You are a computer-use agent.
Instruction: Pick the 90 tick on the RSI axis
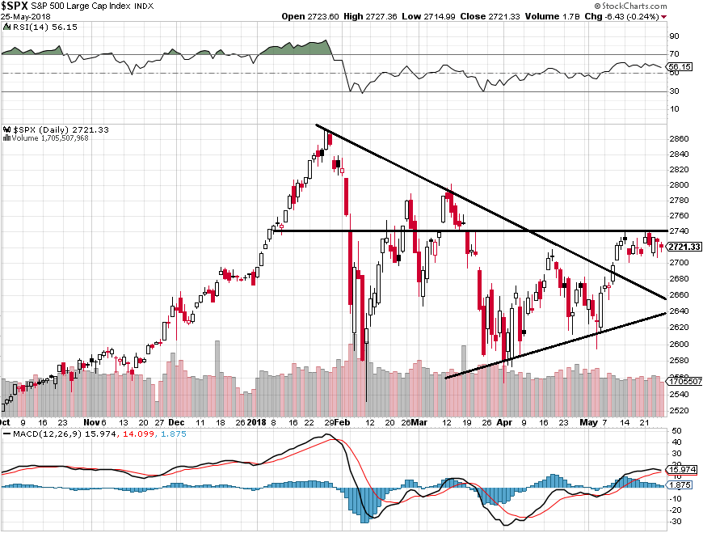tap(672, 36)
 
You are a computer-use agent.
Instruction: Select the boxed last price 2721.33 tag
tap(683, 247)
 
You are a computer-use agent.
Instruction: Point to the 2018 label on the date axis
tap(257, 422)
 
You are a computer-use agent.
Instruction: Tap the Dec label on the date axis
tap(176, 422)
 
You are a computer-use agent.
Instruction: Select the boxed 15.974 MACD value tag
tap(682, 469)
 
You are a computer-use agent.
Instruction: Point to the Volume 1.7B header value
tap(580, 16)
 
